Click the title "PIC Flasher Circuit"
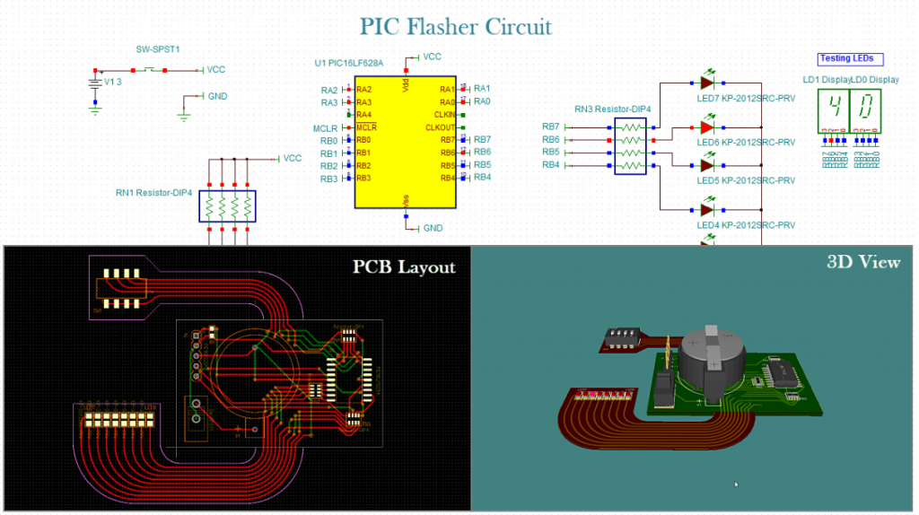click(456, 26)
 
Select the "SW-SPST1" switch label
click(151, 50)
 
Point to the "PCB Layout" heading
click(403, 266)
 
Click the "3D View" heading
click(862, 262)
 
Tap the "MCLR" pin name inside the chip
click(366, 127)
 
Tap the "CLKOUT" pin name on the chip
click(441, 127)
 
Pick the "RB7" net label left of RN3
click(551, 127)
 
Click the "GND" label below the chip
click(433, 228)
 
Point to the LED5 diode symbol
click(706, 166)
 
